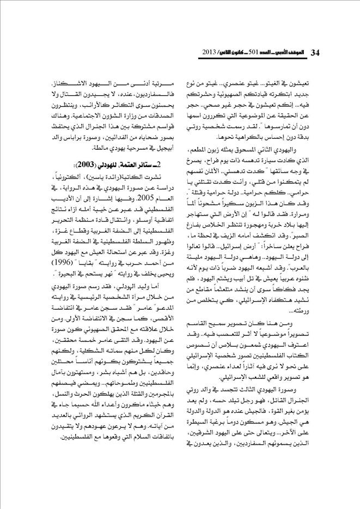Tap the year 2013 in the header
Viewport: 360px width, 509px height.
[209, 53]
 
